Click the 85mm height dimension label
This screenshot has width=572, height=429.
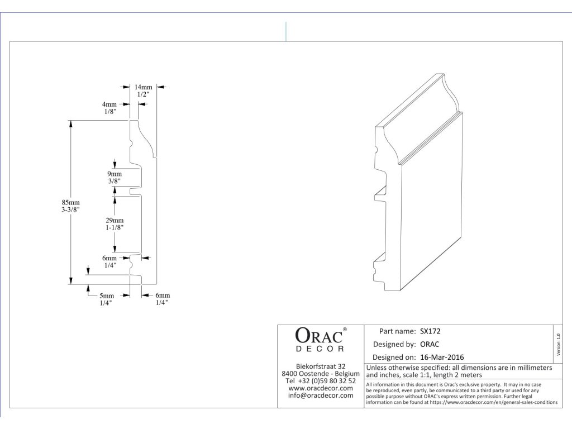coord(70,202)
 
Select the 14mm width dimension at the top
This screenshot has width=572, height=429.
coord(144,87)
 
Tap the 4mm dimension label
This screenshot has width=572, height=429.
coord(109,104)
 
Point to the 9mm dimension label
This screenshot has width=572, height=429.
coord(114,174)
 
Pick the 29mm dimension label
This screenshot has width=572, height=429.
coord(115,220)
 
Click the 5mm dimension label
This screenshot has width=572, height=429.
coord(107,296)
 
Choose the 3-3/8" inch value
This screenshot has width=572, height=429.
coord(70,210)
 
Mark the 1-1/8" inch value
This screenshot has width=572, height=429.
coord(115,228)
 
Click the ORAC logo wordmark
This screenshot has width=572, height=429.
coord(319,336)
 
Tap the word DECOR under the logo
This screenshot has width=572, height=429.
coord(320,349)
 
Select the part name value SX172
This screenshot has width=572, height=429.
coord(430,332)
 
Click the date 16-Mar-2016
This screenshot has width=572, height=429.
coord(442,357)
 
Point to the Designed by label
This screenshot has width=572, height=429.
coord(394,344)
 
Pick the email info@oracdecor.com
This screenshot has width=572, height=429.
coord(321,395)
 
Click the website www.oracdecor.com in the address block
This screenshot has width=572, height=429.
coord(321,388)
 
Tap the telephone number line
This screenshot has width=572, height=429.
coord(321,381)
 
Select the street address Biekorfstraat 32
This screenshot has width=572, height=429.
coord(321,366)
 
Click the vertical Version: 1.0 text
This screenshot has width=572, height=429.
coord(558,345)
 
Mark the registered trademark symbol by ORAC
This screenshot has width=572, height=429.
coord(345,330)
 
